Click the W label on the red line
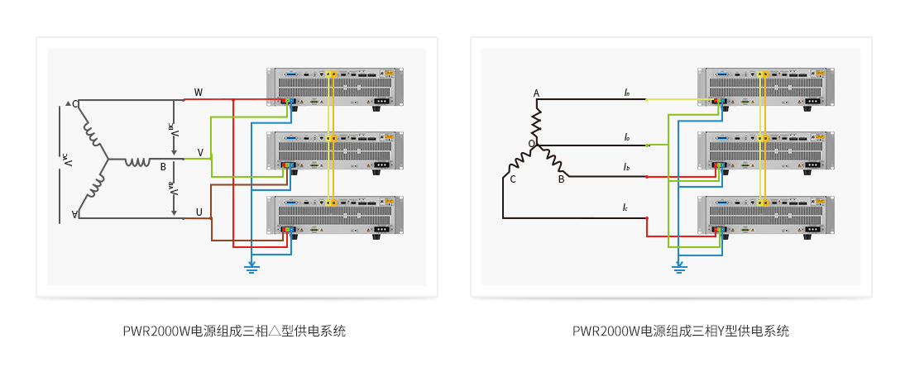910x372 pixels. [x=198, y=92]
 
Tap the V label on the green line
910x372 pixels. [x=200, y=153]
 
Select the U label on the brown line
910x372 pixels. [x=199, y=212]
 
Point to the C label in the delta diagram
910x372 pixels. [x=74, y=104]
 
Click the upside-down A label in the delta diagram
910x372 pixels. [x=74, y=215]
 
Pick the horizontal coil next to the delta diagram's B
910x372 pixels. [x=137, y=161]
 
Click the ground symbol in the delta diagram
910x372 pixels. [x=252, y=267]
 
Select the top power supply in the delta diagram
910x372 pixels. [x=335, y=87]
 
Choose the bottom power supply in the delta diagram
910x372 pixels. [x=335, y=217]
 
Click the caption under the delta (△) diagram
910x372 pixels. [x=234, y=331]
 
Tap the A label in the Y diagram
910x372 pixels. [x=536, y=93]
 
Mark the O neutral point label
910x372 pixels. [x=532, y=144]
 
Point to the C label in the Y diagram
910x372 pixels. [x=513, y=179]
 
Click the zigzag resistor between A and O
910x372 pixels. [x=536, y=121]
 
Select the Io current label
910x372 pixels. [x=626, y=137]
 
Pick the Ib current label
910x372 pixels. [x=626, y=168]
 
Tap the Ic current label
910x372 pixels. [x=626, y=207]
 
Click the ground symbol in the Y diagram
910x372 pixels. [x=679, y=267]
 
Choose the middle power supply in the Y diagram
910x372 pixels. [x=766, y=151]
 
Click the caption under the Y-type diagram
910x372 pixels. [x=680, y=331]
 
